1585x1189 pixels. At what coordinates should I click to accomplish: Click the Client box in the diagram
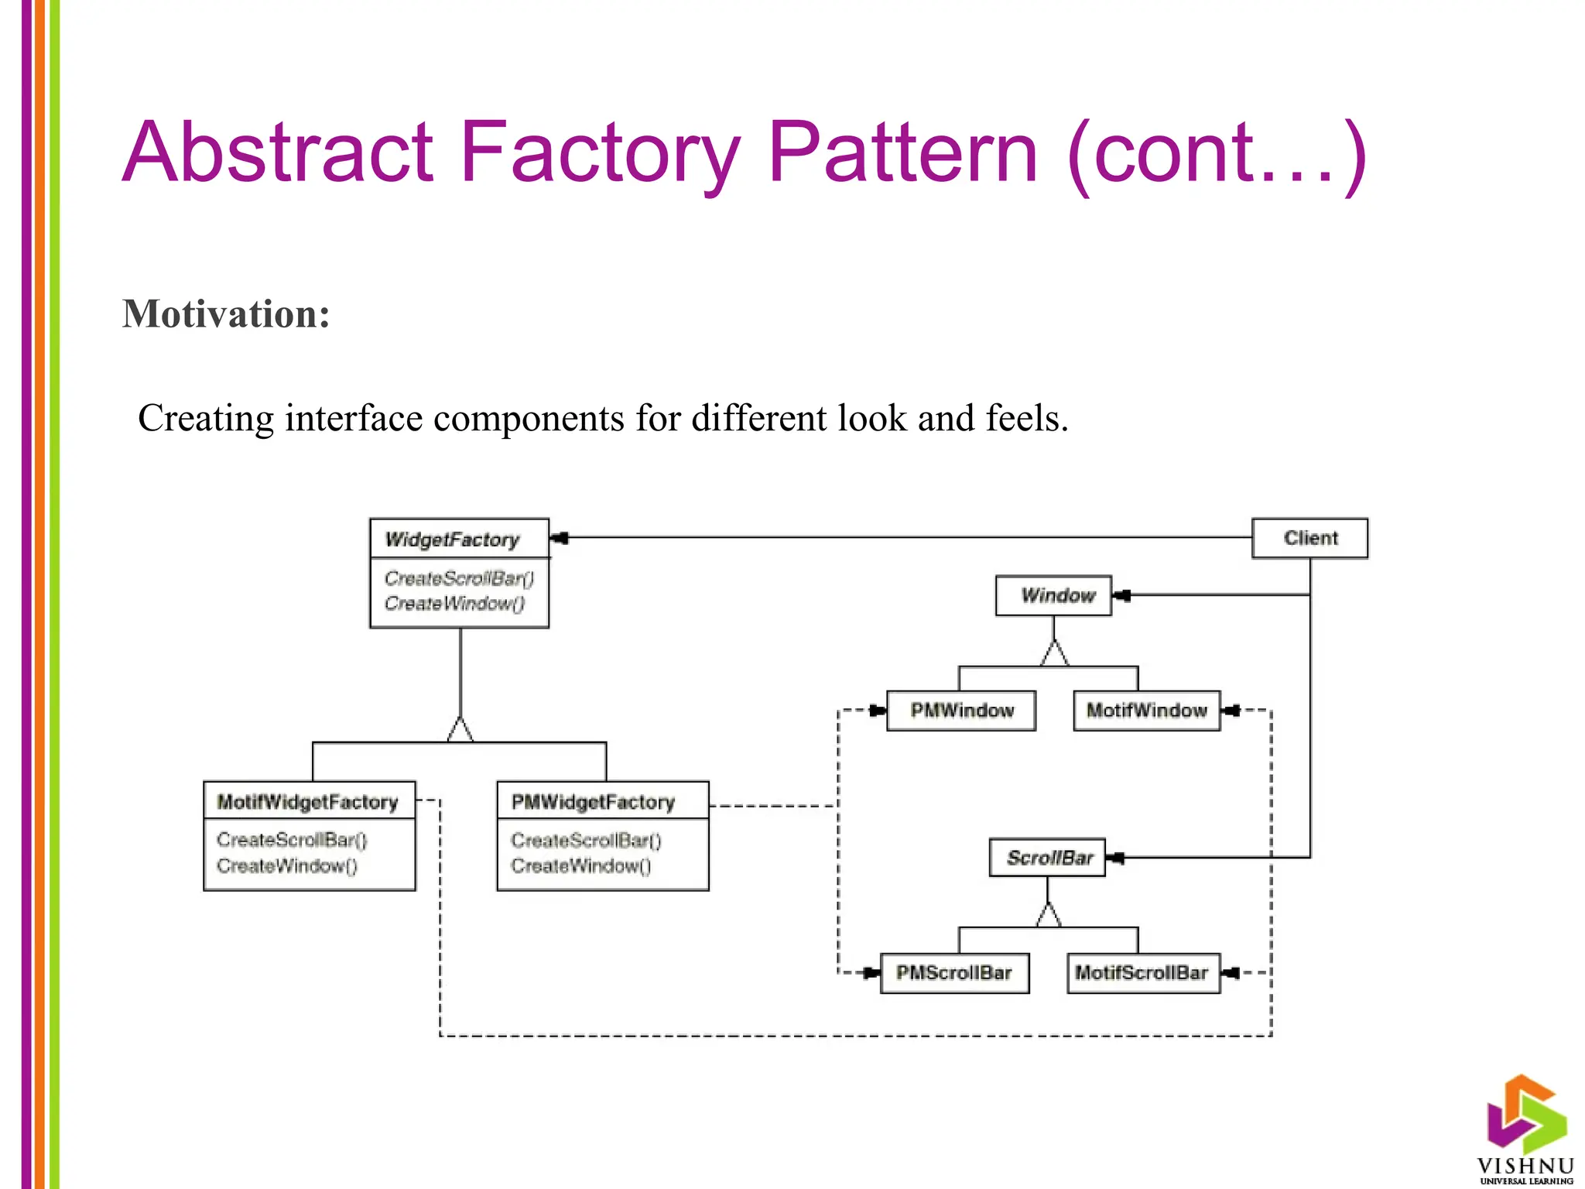tap(1309, 538)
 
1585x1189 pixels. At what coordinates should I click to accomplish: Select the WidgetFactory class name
tap(452, 540)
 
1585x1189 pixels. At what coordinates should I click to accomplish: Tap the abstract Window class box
tap(1053, 595)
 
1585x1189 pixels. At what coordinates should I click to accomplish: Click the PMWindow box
tap(961, 711)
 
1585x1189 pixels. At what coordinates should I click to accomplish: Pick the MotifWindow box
tap(1146, 711)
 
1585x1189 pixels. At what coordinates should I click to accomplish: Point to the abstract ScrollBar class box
tap(1047, 858)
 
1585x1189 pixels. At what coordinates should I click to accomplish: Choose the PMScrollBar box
tap(954, 973)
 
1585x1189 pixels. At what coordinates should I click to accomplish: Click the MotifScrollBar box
tap(1142, 973)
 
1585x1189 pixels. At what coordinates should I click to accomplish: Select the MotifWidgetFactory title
tap(307, 802)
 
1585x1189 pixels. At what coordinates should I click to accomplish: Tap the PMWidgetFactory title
tap(594, 802)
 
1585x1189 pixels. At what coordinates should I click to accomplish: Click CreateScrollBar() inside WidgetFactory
tap(459, 578)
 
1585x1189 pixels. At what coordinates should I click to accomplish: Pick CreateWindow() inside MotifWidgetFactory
tap(287, 865)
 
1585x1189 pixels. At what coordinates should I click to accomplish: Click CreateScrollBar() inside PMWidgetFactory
tap(586, 840)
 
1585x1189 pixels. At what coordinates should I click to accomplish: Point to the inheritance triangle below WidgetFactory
tap(460, 730)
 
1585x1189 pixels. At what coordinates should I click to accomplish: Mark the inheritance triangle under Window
tap(1054, 653)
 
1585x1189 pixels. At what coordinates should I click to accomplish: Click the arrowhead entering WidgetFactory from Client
tap(560, 538)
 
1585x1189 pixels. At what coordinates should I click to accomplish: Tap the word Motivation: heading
tap(226, 314)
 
